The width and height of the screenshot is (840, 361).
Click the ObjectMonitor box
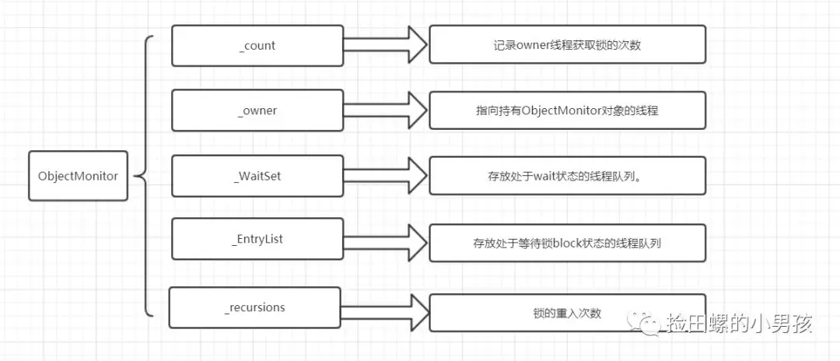[78, 176]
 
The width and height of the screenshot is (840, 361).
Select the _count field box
[257, 46]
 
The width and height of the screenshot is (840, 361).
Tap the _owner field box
[257, 110]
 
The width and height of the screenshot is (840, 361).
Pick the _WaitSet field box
[257, 176]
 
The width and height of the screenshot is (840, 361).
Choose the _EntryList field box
[257, 240]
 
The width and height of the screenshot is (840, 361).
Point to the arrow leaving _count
[385, 46]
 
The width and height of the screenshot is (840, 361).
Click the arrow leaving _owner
[385, 110]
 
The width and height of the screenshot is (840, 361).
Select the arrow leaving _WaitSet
[385, 176]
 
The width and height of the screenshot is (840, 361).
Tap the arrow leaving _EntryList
[385, 240]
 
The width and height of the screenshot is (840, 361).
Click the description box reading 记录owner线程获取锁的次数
[567, 44]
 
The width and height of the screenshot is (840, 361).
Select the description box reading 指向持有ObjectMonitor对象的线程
[567, 110]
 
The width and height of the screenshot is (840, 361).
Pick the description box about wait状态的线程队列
[567, 176]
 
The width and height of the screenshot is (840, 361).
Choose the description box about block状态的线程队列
[567, 243]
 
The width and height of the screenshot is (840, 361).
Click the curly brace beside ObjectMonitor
[145, 176]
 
